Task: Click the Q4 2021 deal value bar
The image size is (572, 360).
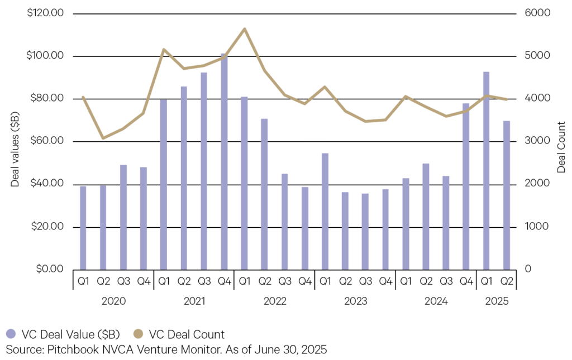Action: tap(224, 162)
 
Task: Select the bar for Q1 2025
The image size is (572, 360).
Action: tap(486, 170)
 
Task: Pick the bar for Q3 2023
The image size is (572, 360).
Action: tap(365, 231)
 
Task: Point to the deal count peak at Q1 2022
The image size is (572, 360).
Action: tap(244, 28)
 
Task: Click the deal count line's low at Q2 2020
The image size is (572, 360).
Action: tap(103, 138)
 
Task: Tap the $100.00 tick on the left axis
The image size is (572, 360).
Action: tap(47, 56)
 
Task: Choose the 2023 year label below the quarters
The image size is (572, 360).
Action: tap(355, 302)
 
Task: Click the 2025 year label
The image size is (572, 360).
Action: tap(496, 302)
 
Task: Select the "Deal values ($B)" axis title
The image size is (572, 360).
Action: tap(16, 141)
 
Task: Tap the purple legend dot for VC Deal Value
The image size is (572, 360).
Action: tap(11, 334)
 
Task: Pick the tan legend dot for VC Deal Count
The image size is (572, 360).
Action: tap(138, 334)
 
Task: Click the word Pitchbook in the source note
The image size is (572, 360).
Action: tap(61, 350)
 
